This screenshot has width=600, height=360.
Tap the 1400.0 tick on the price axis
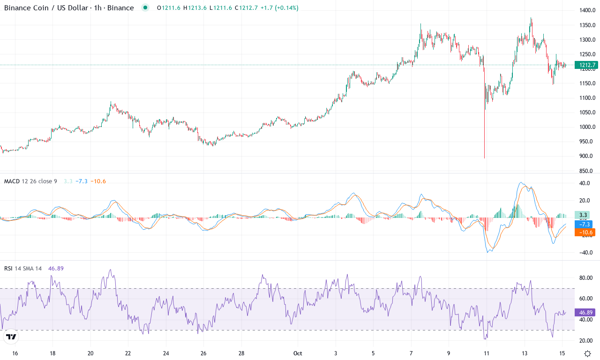[x=587, y=10]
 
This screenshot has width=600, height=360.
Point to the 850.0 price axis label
[x=587, y=171]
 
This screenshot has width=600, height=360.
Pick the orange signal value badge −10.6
[x=584, y=232]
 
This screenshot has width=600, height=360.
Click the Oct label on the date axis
[x=298, y=353]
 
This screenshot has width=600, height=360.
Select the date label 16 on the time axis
[x=15, y=353]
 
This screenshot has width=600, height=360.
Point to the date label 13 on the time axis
[x=525, y=353]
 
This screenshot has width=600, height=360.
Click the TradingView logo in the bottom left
[x=12, y=337]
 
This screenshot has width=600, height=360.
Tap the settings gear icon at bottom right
[x=587, y=353]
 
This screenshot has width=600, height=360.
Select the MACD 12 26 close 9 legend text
[x=30, y=181]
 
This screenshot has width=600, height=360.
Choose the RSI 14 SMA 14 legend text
[x=23, y=269]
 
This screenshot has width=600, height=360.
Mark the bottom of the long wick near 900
[x=484, y=158]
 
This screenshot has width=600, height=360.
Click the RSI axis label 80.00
[x=586, y=277]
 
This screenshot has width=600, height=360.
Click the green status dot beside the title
[x=145, y=7]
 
